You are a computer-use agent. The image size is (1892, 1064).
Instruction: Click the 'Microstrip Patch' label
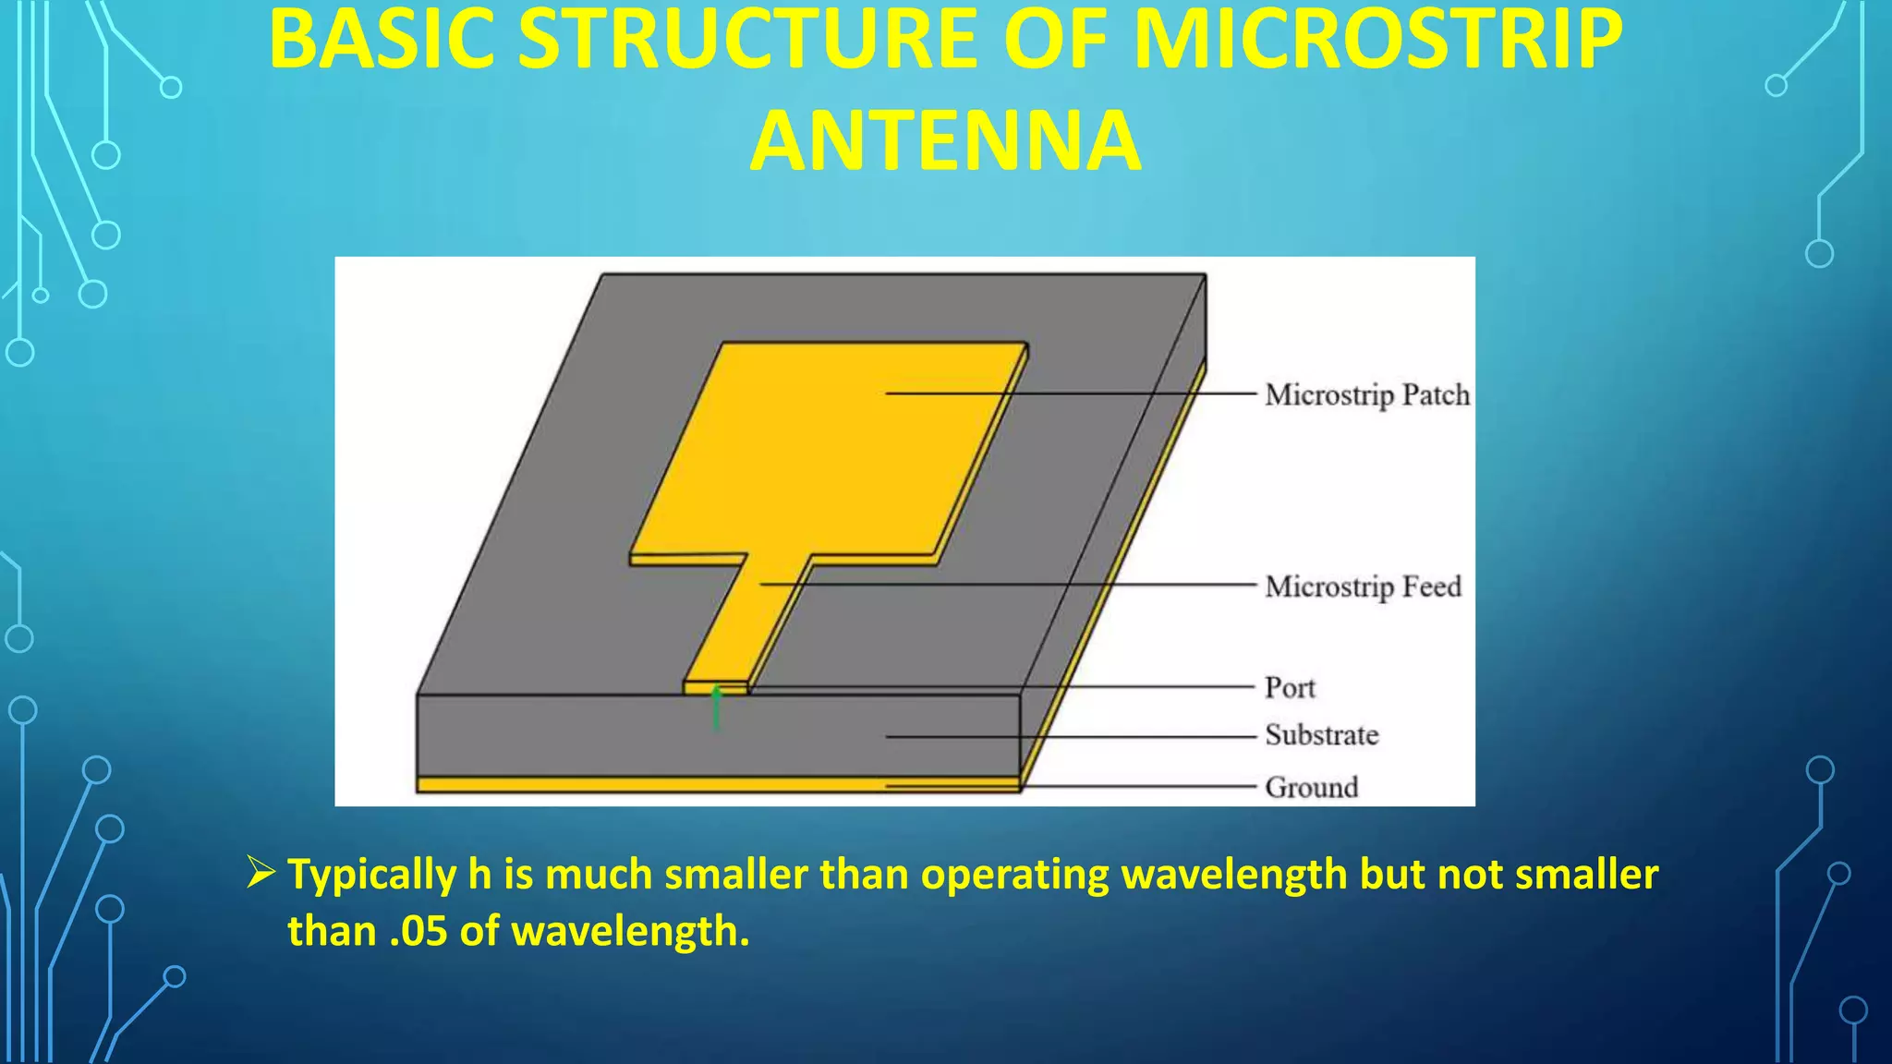point(1366,395)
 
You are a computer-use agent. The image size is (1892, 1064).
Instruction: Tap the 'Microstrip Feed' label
point(1363,586)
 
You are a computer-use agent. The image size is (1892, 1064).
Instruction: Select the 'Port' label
point(1290,688)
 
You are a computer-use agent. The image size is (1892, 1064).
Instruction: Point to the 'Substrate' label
point(1321,735)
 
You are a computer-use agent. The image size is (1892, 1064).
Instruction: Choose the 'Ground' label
point(1311,788)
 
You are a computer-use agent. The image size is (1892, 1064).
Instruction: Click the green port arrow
point(716,708)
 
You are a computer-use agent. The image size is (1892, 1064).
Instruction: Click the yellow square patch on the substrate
point(831,453)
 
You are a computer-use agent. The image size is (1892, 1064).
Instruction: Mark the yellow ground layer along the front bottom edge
point(647,785)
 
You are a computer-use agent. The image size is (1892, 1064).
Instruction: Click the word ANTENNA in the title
point(945,140)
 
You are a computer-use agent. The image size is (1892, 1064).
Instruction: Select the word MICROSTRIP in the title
point(1377,39)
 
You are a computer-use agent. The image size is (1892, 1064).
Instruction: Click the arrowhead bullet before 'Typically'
point(261,872)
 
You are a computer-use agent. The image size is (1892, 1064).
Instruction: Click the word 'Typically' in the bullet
point(371,876)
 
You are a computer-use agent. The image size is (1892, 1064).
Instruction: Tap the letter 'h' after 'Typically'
point(479,874)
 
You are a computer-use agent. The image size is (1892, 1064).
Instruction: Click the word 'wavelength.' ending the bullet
point(630,931)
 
